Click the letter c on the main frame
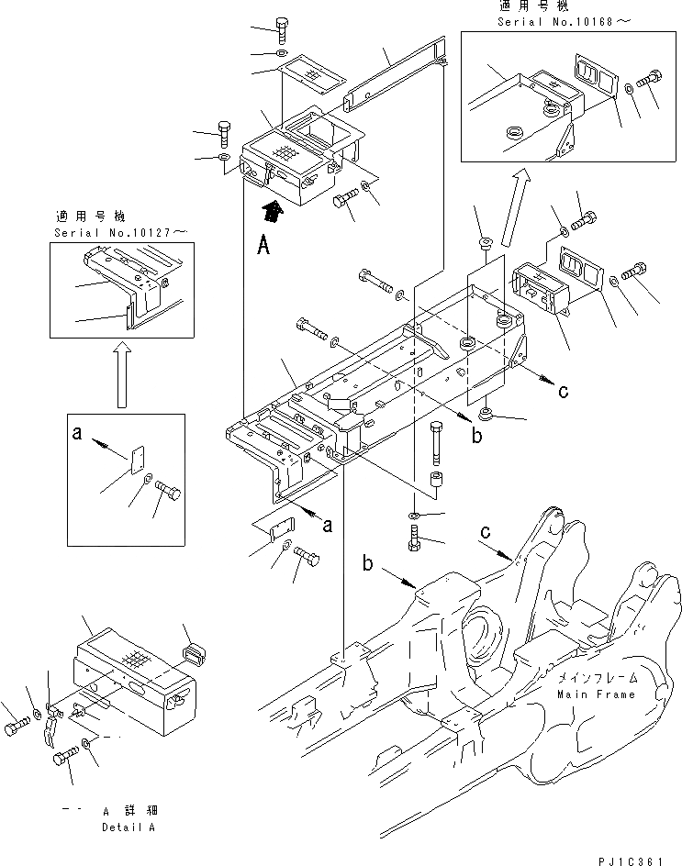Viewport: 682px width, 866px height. [x=484, y=531]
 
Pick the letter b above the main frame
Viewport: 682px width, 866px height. [x=369, y=565]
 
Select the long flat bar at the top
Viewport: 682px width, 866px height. [x=396, y=72]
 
